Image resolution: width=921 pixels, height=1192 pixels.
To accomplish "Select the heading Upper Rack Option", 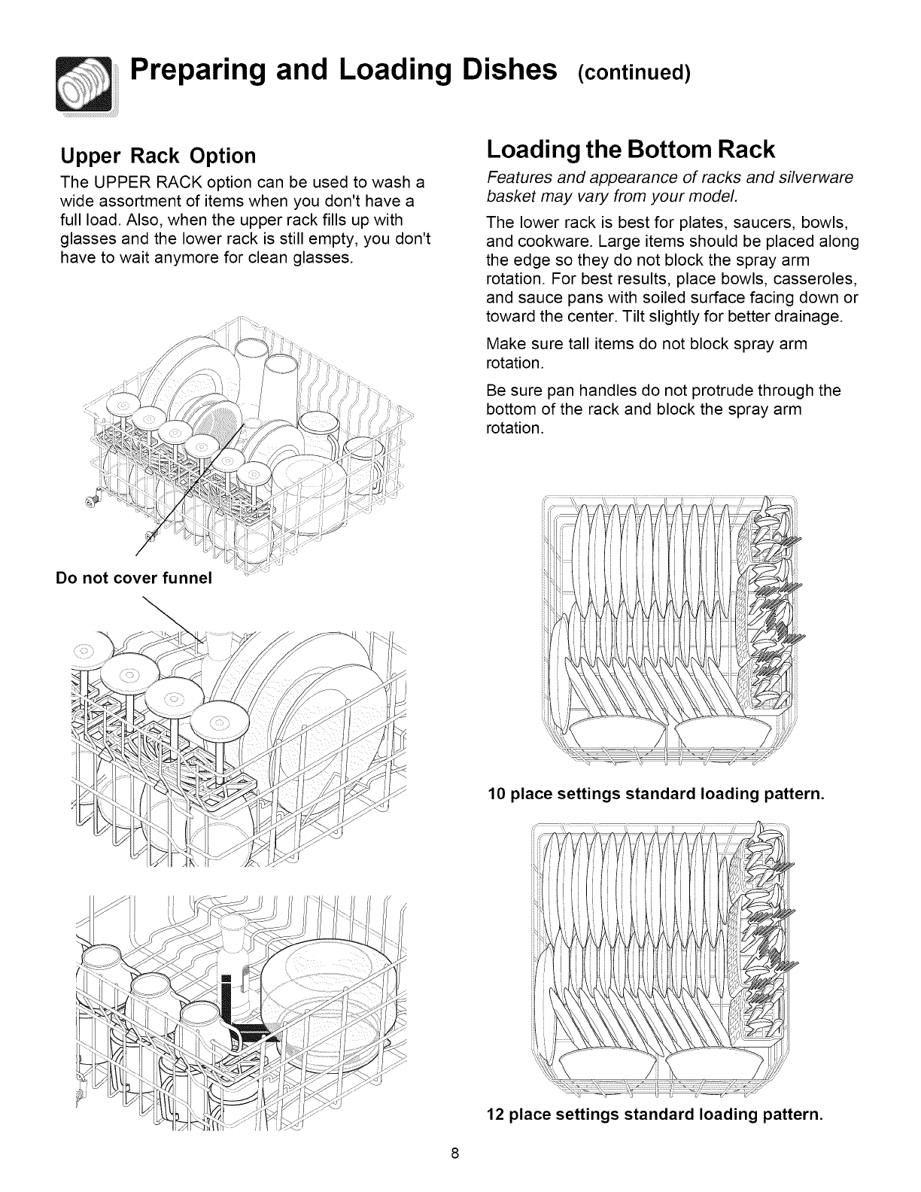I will tap(158, 156).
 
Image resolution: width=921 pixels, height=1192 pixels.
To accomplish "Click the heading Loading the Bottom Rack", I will tap(631, 150).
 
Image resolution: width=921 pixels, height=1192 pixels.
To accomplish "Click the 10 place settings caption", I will tap(656, 794).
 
